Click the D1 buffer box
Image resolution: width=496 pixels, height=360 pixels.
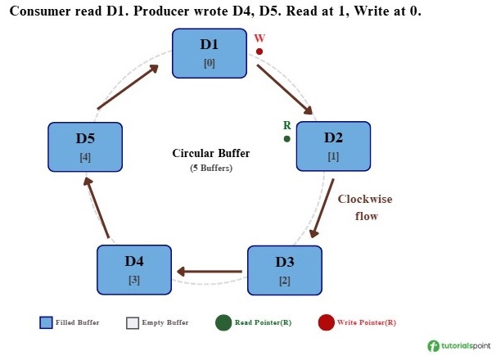click(x=210, y=53)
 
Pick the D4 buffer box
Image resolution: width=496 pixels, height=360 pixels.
click(x=134, y=270)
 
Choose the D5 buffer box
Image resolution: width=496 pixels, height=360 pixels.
click(x=85, y=147)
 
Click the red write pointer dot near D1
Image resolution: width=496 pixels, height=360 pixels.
click(x=259, y=52)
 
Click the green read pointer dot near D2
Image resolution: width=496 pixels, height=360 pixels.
click(x=287, y=139)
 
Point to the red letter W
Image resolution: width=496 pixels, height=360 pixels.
click(x=259, y=38)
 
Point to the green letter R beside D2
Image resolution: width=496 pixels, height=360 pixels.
click(x=286, y=125)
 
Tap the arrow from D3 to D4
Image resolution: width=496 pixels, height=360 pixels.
click(x=209, y=272)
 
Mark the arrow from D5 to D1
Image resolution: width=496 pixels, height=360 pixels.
click(x=128, y=88)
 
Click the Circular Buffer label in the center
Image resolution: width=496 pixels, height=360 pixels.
click(x=211, y=154)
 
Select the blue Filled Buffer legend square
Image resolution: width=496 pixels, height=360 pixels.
click(x=46, y=322)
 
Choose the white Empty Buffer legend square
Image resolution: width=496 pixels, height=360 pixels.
click(x=133, y=322)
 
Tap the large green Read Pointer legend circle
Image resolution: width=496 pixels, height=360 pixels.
click(x=223, y=322)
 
